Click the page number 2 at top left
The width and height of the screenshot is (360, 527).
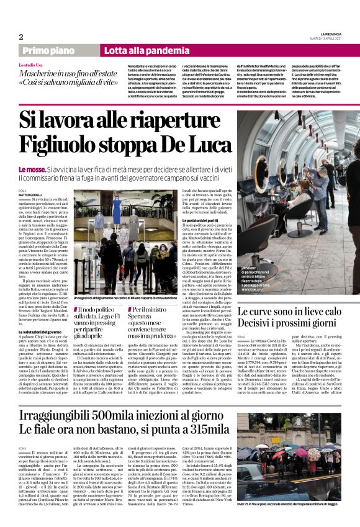point(20,37)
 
